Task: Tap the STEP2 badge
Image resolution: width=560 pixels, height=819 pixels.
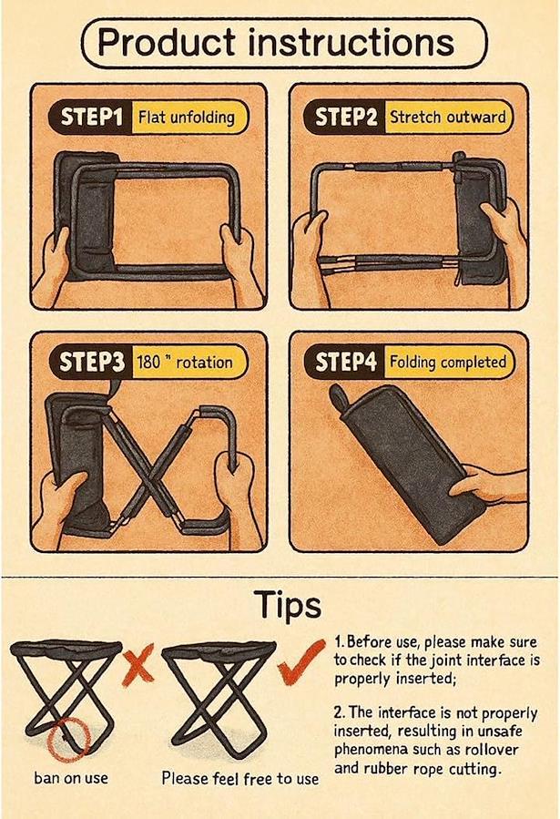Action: point(344,117)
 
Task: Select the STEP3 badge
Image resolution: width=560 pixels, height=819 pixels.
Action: point(91,362)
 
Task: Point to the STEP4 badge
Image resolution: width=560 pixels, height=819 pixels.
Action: point(344,362)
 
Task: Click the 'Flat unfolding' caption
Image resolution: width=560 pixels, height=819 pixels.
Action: point(187,117)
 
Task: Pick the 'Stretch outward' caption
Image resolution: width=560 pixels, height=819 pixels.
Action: point(448,117)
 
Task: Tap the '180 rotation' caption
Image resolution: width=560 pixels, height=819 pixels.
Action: point(184,362)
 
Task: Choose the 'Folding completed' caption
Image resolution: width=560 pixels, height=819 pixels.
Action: point(448,362)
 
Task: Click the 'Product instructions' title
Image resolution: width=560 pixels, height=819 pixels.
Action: point(276,42)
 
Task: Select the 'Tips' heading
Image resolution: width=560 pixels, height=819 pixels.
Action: point(288,606)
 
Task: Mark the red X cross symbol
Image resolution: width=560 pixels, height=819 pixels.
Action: point(138,664)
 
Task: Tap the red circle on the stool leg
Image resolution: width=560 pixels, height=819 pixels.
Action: point(68,739)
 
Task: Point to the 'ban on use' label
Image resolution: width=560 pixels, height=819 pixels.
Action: point(71,778)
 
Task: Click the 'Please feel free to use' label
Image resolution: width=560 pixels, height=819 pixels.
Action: point(240,778)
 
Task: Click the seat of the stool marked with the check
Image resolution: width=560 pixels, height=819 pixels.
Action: point(219,651)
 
